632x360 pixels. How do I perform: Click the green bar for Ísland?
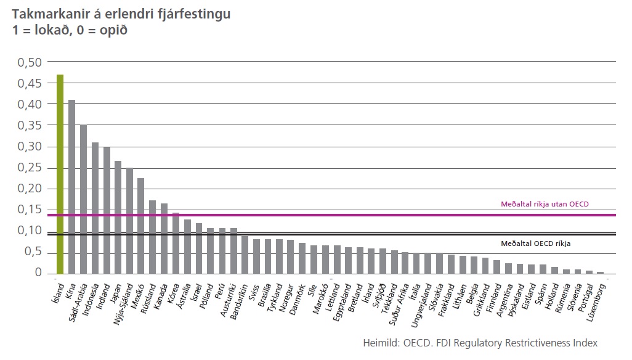tap(60, 174)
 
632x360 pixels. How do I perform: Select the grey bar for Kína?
tap(71, 186)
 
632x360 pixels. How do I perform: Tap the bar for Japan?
tap(118, 217)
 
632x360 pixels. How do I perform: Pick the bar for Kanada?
tap(164, 238)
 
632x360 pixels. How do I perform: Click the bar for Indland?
tap(107, 210)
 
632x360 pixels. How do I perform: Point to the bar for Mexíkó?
tap(141, 226)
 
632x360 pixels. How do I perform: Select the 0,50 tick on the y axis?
tap(29, 62)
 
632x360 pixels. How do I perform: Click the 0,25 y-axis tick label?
tap(29, 168)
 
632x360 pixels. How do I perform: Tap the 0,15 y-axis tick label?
tap(29, 210)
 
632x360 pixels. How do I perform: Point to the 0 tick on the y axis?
tap(38, 273)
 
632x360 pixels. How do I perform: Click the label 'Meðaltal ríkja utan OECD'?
tap(541, 204)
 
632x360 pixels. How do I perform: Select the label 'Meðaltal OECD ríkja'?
tap(536, 243)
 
